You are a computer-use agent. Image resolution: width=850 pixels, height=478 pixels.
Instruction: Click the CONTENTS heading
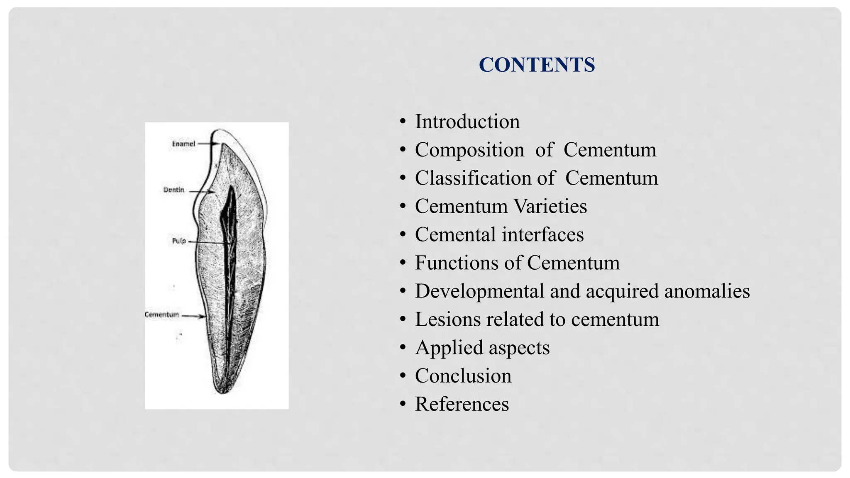tap(537, 65)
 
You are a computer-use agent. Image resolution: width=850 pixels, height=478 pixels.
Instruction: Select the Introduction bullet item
tap(467, 122)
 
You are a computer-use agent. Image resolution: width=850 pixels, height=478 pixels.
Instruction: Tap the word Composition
tap(469, 150)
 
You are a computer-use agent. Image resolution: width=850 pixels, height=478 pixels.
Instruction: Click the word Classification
tap(473, 178)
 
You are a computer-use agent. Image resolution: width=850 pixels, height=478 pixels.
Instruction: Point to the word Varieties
tap(550, 206)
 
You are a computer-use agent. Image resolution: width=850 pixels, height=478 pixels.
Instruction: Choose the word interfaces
tap(542, 234)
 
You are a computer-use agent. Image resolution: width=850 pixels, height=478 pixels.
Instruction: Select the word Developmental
tap(479, 291)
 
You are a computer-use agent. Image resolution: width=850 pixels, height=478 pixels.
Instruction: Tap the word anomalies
tap(707, 291)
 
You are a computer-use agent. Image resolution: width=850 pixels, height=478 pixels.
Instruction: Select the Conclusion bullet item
tap(463, 376)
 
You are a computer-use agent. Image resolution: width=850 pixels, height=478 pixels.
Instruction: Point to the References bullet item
tap(462, 404)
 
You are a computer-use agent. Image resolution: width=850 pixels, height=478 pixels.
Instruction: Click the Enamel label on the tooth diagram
tap(183, 144)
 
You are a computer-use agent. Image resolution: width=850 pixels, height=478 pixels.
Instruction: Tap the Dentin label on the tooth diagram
tap(173, 190)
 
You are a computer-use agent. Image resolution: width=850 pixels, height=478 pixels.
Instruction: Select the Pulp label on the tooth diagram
tap(179, 241)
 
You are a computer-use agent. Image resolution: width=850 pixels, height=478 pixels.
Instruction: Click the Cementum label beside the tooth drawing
tap(162, 315)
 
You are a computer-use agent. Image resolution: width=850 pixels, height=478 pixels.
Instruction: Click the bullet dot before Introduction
tap(402, 122)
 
